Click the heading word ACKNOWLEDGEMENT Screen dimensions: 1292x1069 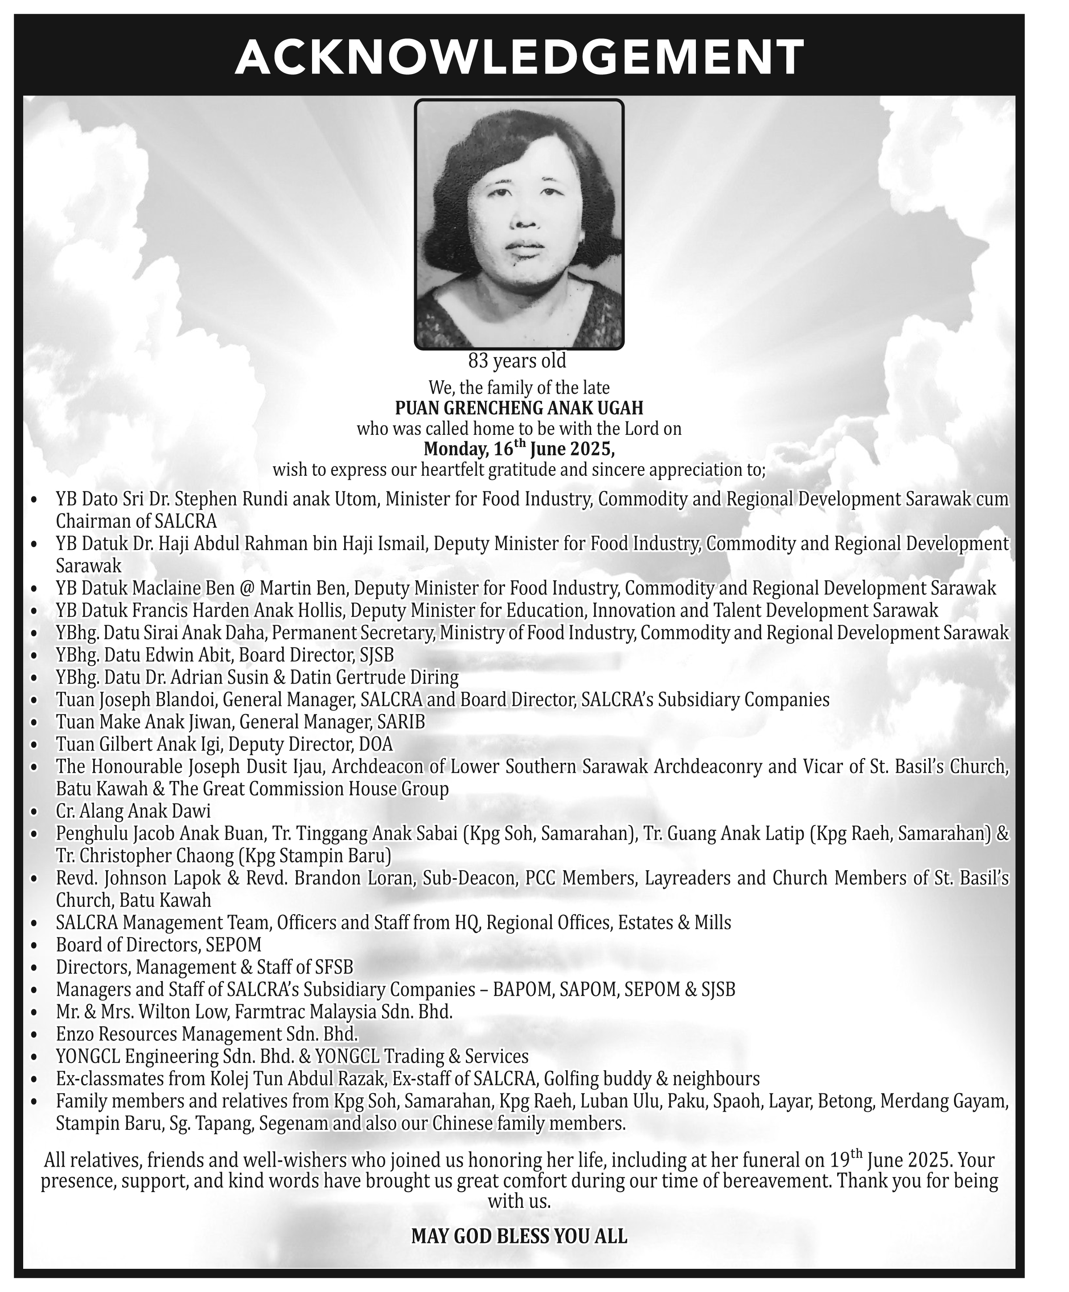(520, 57)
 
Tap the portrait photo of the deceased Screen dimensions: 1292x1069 (519, 225)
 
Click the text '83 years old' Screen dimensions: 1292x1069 (517, 360)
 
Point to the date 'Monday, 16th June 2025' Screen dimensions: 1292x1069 (518, 449)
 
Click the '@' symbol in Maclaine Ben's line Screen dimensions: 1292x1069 (247, 588)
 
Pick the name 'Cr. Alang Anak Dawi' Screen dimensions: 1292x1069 (133, 811)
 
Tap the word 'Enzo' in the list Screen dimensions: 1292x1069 (73, 1034)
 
